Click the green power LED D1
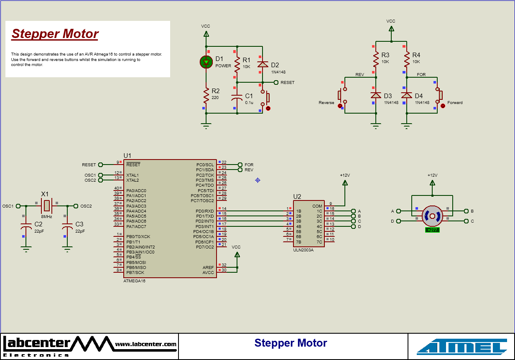206,62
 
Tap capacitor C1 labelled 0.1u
237,98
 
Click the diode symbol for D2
263,64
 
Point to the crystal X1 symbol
47,205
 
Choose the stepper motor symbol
432,216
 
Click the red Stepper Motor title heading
55,34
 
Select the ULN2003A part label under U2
303,250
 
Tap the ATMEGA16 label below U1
134,281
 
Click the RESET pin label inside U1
133,165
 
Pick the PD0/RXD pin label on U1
204,211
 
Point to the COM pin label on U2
317,206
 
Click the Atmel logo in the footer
461,347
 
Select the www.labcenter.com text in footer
145,344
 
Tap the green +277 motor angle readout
432,230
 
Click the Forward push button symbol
439,96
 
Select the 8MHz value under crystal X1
46,217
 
